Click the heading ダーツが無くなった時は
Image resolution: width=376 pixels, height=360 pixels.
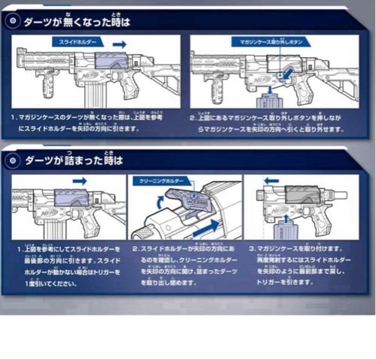coord(77,22)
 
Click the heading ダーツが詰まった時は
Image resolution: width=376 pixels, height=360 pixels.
coord(74,161)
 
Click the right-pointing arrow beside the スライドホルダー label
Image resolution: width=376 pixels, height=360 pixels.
coord(119,44)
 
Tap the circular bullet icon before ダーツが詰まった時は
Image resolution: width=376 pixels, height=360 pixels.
coord(13,161)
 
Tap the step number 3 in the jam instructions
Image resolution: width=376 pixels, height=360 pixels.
coord(251,249)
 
